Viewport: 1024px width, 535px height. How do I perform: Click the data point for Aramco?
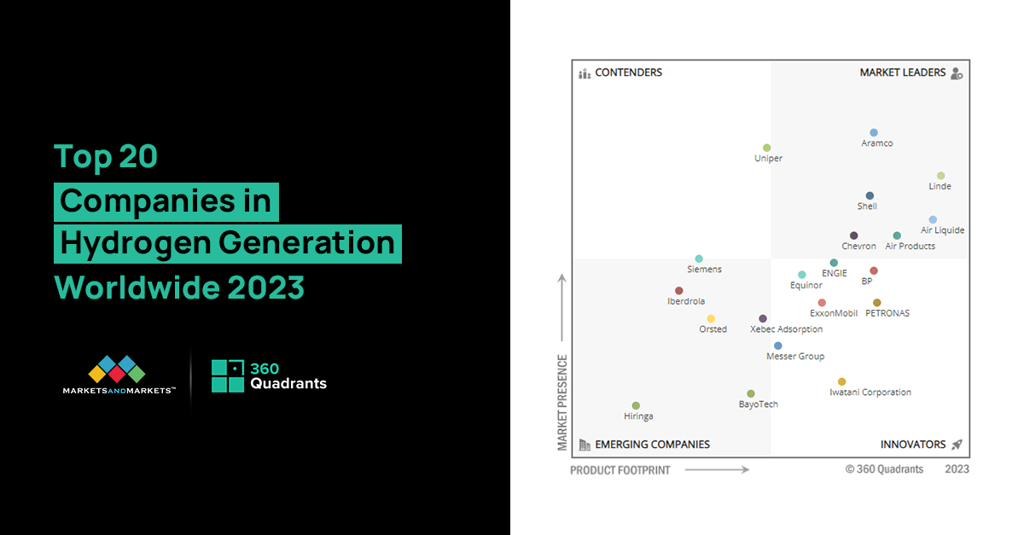click(874, 133)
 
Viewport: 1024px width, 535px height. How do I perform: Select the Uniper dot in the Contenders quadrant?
click(766, 148)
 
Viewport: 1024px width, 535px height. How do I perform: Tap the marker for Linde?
click(940, 176)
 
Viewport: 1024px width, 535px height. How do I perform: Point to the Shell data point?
click(870, 196)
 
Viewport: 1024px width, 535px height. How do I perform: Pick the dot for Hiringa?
click(636, 406)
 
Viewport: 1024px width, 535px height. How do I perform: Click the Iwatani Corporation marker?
click(841, 382)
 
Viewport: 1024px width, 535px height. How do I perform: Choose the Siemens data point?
click(699, 259)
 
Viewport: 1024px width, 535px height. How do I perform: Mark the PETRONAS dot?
click(876, 303)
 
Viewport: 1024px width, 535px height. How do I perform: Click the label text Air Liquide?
click(942, 230)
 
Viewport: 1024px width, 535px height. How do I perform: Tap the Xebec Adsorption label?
click(786, 329)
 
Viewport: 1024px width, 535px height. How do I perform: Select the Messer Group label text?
click(795, 357)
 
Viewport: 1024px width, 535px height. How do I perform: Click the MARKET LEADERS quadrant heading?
click(902, 73)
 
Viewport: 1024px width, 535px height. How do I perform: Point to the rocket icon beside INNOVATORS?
click(957, 445)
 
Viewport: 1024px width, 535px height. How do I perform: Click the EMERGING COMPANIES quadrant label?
click(652, 445)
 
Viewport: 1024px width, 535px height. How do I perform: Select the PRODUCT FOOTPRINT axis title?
click(620, 470)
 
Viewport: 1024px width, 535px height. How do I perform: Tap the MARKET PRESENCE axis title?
click(562, 402)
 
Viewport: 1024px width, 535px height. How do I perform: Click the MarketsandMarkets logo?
click(119, 375)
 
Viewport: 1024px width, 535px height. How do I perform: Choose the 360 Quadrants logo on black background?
click(269, 375)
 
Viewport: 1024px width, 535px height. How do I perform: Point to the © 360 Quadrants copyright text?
click(884, 469)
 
